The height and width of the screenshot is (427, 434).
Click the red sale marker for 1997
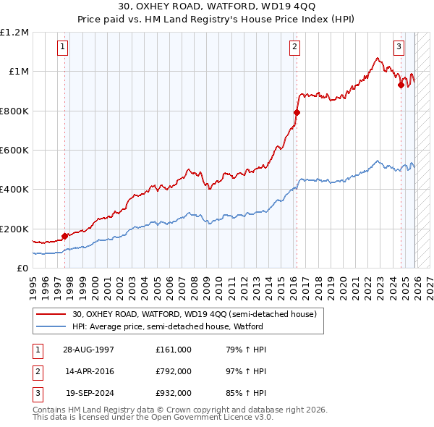[x=65, y=235]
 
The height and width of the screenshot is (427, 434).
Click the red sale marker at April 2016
[x=296, y=112]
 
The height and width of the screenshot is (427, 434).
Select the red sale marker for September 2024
[x=401, y=85]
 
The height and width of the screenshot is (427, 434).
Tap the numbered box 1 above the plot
[x=63, y=48]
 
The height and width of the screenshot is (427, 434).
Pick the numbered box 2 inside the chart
[x=295, y=48]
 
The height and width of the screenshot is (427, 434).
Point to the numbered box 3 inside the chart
[x=399, y=48]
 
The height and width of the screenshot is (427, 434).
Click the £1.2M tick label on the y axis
[x=14, y=33]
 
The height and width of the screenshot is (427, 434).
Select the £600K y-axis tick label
[x=14, y=151]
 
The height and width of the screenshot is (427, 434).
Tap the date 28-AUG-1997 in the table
[x=89, y=350]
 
